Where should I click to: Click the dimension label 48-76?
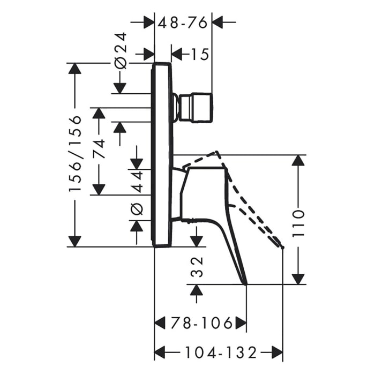(x=183, y=23)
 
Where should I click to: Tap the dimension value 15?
(x=200, y=55)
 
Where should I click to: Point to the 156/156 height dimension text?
(x=75, y=154)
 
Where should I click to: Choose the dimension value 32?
(x=197, y=267)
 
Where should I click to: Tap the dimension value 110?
(x=298, y=223)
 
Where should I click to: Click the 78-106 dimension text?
(x=201, y=323)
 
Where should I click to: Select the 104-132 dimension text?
(x=221, y=352)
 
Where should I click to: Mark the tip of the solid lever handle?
(x=245, y=284)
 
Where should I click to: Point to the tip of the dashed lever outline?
(x=283, y=247)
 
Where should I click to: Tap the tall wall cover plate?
(x=161, y=154)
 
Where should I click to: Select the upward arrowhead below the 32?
(x=197, y=290)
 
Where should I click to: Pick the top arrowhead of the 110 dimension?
(x=298, y=160)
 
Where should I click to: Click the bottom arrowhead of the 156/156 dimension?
(x=75, y=241)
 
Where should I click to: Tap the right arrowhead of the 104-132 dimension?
(x=277, y=352)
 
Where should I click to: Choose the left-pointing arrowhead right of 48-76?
(x=217, y=22)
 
